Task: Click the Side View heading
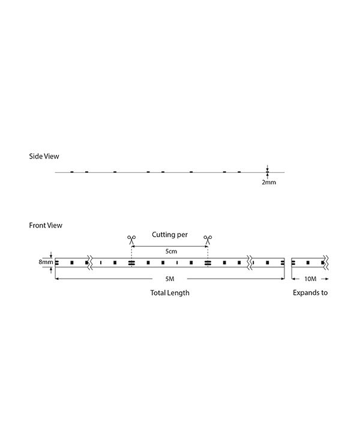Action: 44,156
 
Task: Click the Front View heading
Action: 46,225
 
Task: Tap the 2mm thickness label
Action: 269,182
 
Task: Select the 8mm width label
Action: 46,262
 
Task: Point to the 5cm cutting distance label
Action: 171,251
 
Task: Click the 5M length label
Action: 170,279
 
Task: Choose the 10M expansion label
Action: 310,279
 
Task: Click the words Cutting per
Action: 170,235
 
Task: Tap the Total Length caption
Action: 170,292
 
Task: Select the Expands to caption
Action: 310,292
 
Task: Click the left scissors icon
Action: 131,240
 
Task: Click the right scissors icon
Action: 208,240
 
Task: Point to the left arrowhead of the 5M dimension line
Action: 56,279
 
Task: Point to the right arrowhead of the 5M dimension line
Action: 283,279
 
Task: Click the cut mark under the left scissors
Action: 131,263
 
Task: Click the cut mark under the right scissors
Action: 208,263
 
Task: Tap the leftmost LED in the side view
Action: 72,172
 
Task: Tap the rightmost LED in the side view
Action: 239,172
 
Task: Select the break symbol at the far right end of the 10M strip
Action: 326,262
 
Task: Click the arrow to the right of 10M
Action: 325,279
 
